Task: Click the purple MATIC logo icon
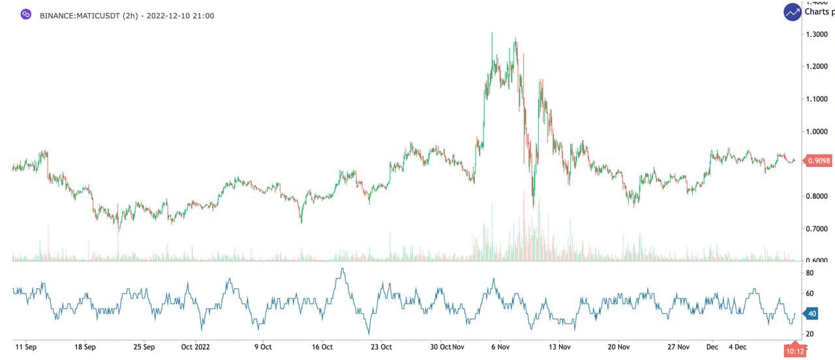click(26, 14)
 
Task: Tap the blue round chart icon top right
click(793, 12)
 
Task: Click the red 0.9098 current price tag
click(819, 160)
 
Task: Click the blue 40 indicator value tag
click(812, 314)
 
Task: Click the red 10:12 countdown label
click(795, 352)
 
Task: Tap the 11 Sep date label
click(27, 347)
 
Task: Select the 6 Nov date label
click(500, 347)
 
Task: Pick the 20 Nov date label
click(619, 347)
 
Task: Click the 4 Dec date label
click(738, 347)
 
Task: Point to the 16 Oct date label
click(322, 347)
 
